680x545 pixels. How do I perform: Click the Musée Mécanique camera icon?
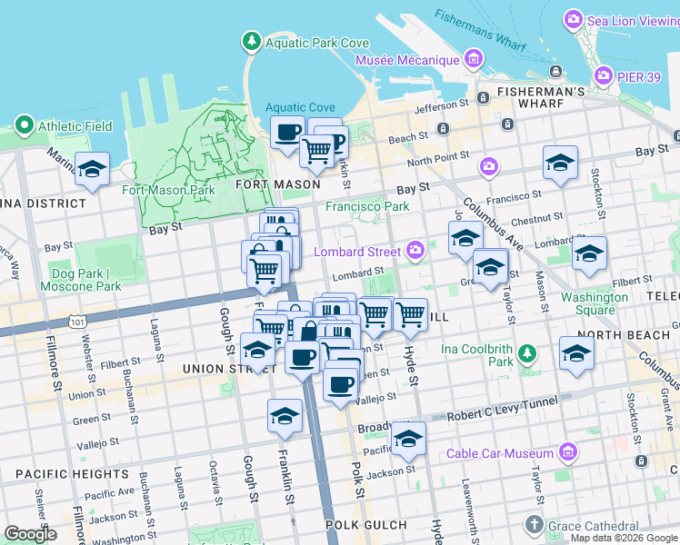[x=472, y=61]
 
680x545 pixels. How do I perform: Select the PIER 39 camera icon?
[x=602, y=74]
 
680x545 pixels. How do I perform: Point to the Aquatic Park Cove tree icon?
[x=251, y=42]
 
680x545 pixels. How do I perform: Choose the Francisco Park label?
[x=367, y=206]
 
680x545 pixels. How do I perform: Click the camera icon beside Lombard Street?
[x=415, y=249]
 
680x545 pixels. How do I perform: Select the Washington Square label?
[x=594, y=303]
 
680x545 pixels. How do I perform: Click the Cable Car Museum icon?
[x=568, y=451]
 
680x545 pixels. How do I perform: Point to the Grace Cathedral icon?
[x=534, y=525]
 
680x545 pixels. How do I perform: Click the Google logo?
[x=30, y=534]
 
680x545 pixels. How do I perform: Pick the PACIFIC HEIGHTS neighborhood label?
[x=61, y=473]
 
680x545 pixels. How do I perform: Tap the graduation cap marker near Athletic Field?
[x=92, y=169]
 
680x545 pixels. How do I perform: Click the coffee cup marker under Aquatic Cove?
[x=288, y=133]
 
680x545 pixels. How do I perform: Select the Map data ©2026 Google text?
[x=625, y=538]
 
